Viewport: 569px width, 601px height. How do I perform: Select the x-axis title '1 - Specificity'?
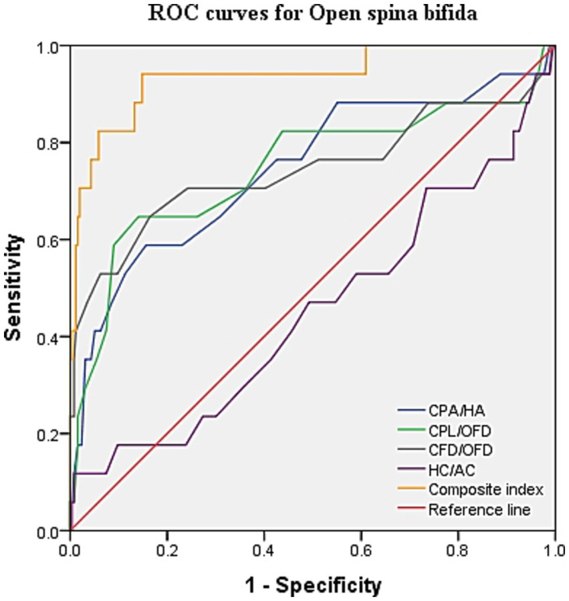[313, 585]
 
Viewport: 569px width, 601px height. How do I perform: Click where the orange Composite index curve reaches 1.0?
[366, 47]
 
